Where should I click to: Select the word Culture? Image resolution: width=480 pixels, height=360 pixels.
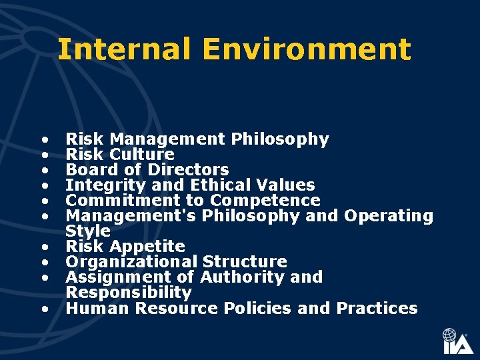pyautogui.click(x=142, y=155)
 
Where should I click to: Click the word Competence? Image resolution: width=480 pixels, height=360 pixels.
pyautogui.click(x=265, y=201)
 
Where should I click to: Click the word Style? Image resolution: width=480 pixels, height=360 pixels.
pyautogui.click(x=88, y=231)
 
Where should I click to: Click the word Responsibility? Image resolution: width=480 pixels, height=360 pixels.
pyautogui.click(x=129, y=293)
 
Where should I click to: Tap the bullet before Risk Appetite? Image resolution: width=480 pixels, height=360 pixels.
pyautogui.click(x=44, y=247)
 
